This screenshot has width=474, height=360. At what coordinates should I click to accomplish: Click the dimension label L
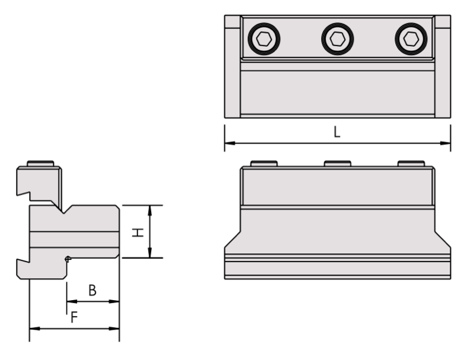click(x=337, y=133)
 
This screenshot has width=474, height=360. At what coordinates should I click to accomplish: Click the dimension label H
click(x=137, y=232)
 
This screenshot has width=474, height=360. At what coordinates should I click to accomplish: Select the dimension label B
click(x=92, y=290)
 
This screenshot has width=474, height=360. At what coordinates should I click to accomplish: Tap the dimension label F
click(x=73, y=318)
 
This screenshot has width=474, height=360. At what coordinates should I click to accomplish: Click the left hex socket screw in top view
click(x=264, y=40)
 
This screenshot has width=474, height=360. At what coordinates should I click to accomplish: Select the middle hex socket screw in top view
click(x=337, y=40)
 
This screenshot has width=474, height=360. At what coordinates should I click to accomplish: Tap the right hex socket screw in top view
click(x=411, y=40)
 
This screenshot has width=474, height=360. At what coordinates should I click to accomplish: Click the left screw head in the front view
click(x=264, y=164)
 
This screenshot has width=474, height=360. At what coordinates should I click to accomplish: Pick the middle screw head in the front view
click(x=337, y=164)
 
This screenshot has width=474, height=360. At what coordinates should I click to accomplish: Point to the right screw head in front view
click(x=411, y=164)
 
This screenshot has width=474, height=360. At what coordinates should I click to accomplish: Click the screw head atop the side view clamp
click(x=41, y=164)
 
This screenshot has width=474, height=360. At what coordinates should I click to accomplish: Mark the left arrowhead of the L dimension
click(x=228, y=143)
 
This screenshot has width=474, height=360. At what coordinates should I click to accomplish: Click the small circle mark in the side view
click(x=68, y=259)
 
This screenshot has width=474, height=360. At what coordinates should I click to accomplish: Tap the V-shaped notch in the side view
click(x=66, y=209)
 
